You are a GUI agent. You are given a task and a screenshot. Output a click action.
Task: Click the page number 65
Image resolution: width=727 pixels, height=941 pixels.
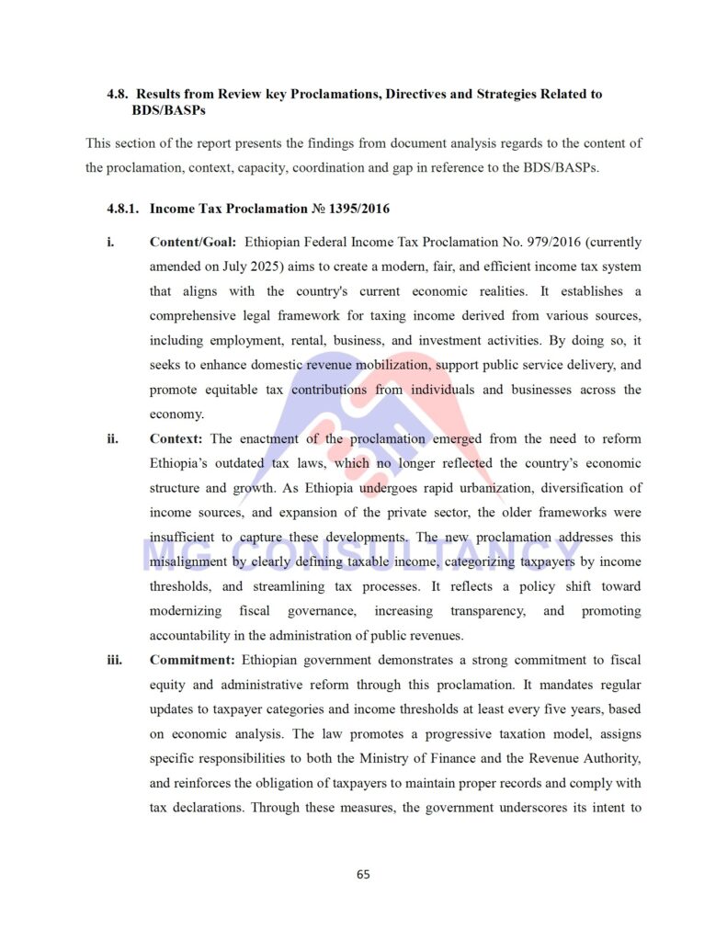363,874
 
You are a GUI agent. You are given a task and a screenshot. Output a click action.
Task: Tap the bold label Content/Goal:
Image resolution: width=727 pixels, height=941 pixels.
193,243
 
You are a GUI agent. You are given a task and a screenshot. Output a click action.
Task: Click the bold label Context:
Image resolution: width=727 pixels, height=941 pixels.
176,439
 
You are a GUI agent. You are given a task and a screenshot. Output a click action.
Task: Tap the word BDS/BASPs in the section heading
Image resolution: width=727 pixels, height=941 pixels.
168,110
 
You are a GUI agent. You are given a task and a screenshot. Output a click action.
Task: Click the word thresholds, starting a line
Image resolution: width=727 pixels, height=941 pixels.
180,586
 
